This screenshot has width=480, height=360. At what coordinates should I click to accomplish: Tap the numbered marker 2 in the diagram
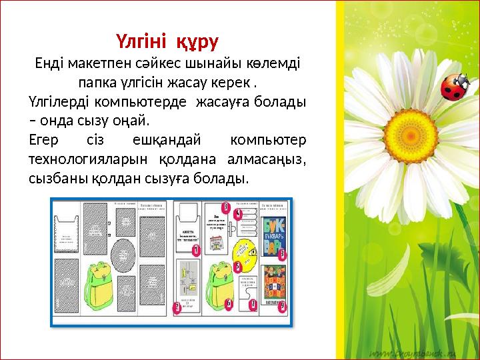(177, 307)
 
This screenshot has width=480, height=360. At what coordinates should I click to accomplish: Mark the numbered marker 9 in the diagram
(283, 305)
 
